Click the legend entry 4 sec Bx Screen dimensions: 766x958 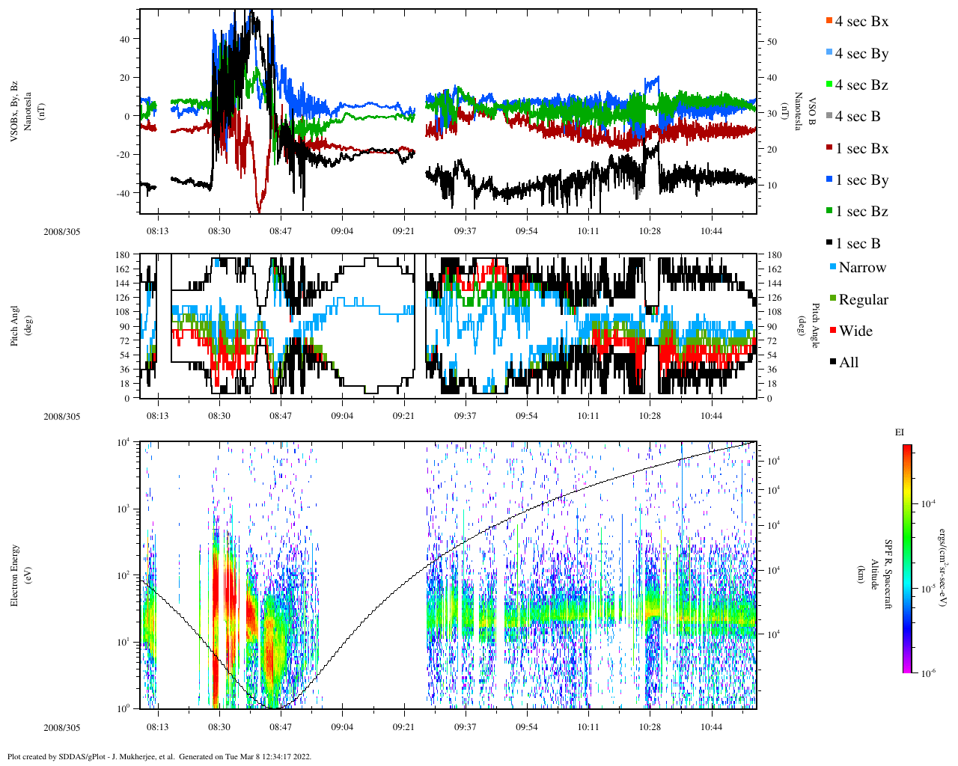(x=861, y=22)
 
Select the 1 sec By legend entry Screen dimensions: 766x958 (x=861, y=180)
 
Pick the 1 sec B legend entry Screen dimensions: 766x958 (x=858, y=244)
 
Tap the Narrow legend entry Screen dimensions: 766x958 (x=862, y=268)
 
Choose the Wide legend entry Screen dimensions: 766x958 (x=855, y=331)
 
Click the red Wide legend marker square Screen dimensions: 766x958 (x=833, y=331)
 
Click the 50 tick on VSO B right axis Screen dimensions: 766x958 (x=772, y=42)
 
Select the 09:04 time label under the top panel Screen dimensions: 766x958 (x=342, y=231)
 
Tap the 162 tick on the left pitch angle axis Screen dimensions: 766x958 (x=123, y=269)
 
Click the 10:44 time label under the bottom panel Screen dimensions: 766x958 (x=711, y=727)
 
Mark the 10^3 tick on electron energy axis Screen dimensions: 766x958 (x=123, y=509)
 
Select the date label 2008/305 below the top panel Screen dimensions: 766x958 (x=61, y=232)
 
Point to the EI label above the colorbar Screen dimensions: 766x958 (x=900, y=432)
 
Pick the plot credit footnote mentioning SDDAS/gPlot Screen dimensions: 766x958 (x=159, y=756)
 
